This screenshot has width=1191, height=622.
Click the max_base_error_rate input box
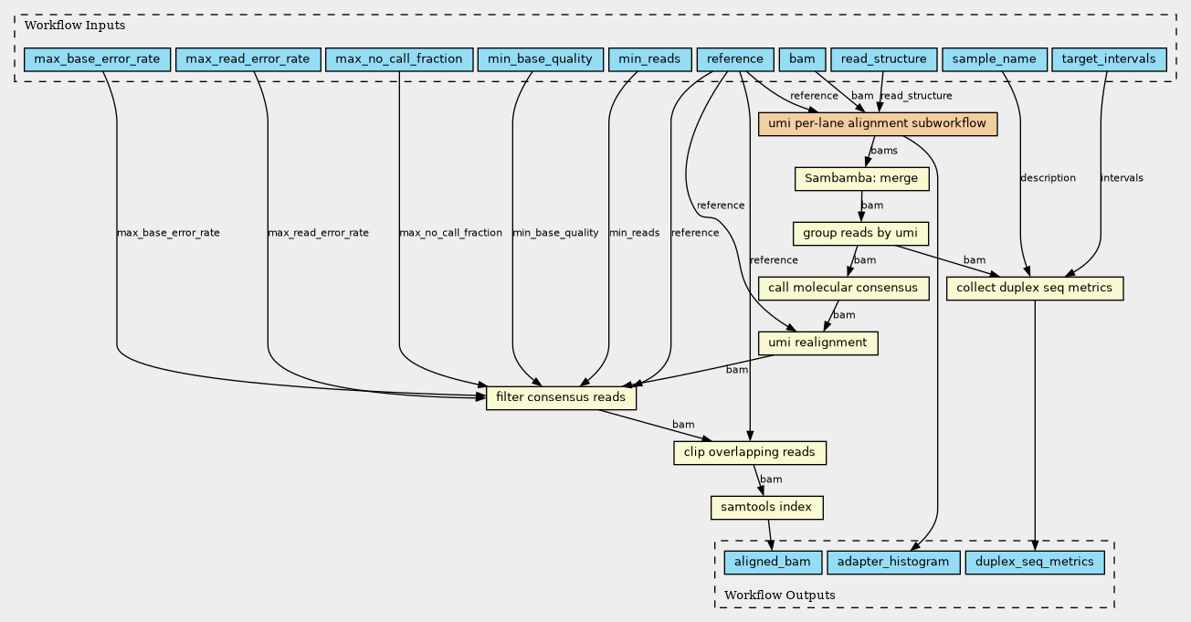click(x=98, y=59)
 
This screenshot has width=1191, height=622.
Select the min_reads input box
click(x=649, y=59)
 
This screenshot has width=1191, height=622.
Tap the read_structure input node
click(x=884, y=59)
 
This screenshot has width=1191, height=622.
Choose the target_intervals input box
click(x=1109, y=59)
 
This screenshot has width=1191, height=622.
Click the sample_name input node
click(x=995, y=59)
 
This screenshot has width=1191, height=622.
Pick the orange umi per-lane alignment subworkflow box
click(x=878, y=124)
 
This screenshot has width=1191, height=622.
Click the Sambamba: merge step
click(x=862, y=179)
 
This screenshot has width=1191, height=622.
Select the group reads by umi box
click(x=860, y=234)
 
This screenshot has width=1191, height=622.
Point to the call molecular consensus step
click(x=843, y=288)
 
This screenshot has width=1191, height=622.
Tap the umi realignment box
click(x=817, y=343)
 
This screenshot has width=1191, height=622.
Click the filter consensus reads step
click(x=561, y=397)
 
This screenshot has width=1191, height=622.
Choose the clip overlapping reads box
click(x=750, y=452)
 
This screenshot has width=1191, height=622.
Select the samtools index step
click(x=766, y=507)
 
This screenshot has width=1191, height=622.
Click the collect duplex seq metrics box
click(x=1035, y=288)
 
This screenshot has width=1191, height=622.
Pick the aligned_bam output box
click(x=773, y=563)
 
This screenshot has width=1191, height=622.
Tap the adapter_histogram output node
click(x=893, y=563)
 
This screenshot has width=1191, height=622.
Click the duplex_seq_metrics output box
click(x=1035, y=563)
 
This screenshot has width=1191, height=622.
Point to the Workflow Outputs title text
click(x=779, y=595)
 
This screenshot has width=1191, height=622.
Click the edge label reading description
click(x=1048, y=178)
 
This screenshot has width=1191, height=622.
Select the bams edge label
click(x=884, y=151)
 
